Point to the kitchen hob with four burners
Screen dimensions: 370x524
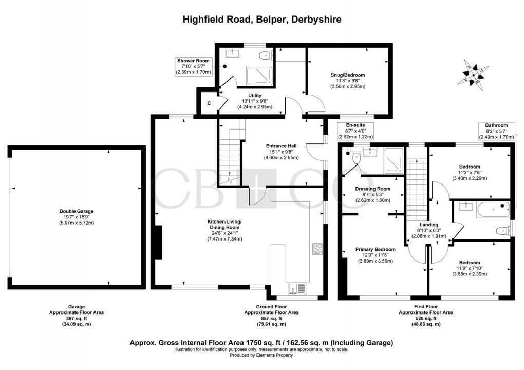pyautogui.click(x=317, y=248)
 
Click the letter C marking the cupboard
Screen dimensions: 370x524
pyautogui.click(x=209, y=103)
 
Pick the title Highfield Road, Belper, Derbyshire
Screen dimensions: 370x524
pyautogui.click(x=262, y=20)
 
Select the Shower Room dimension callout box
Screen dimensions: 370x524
pyautogui.click(x=193, y=67)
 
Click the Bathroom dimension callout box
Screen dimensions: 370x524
pyautogui.click(x=496, y=132)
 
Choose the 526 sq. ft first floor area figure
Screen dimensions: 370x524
pyautogui.click(x=426, y=319)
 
